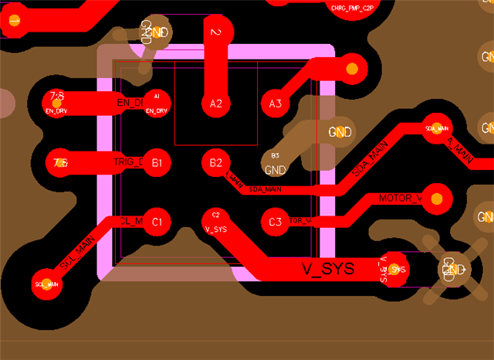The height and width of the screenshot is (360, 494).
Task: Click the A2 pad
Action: click(x=216, y=103)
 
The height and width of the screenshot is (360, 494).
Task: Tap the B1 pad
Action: click(x=157, y=163)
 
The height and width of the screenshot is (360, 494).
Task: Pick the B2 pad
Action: click(x=216, y=163)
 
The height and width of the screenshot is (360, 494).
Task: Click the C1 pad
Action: click(x=157, y=222)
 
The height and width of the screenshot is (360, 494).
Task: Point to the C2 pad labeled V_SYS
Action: click(x=216, y=221)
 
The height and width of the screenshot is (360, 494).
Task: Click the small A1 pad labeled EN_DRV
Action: click(x=157, y=103)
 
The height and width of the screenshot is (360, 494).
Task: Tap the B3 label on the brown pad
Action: click(x=276, y=155)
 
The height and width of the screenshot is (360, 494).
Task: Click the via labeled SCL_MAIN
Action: click(x=46, y=284)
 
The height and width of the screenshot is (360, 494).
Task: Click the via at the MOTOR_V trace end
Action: click(x=437, y=199)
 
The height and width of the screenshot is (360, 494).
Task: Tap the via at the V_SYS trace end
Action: click(x=397, y=269)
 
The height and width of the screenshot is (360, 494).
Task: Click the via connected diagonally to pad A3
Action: click(x=352, y=68)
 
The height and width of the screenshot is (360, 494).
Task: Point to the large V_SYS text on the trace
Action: click(x=327, y=269)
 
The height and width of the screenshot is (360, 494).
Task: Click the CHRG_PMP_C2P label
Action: click(x=351, y=8)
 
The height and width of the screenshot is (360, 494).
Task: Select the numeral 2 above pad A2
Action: click(x=216, y=32)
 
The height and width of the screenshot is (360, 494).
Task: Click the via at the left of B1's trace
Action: click(x=59, y=163)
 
